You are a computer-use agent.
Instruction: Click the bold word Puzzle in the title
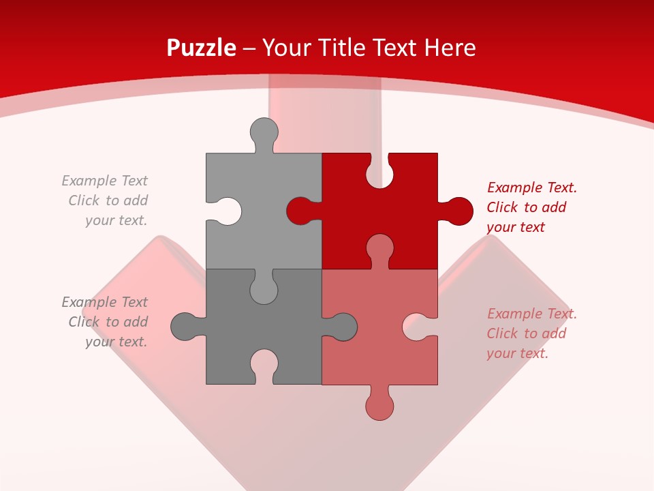click(202, 48)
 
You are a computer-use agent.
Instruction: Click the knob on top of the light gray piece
click(264, 132)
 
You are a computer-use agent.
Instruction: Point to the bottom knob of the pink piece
click(380, 405)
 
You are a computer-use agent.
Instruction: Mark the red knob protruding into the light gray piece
click(300, 211)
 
